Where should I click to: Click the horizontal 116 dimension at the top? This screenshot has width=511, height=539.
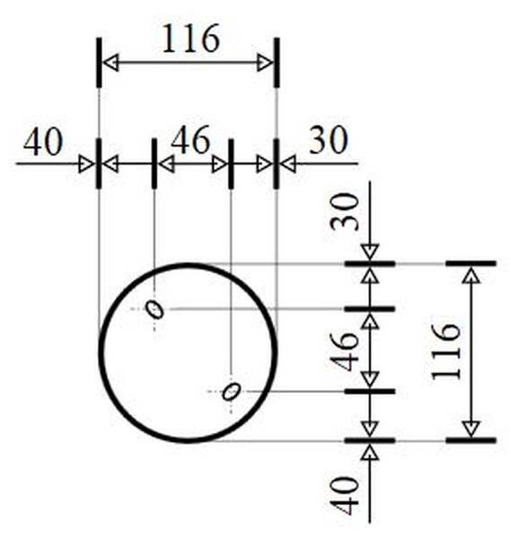coord(190,38)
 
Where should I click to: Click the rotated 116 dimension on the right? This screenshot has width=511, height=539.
coord(445,351)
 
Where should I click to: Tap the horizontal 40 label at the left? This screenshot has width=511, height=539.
coord(43,142)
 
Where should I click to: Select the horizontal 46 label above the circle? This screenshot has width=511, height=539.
coord(190,140)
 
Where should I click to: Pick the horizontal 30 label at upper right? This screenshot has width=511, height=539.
coord(329,140)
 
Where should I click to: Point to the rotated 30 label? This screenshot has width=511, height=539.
coord(344,211)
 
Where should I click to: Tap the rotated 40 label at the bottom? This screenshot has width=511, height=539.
coord(344,495)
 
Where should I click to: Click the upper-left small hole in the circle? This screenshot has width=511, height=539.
coord(155,309)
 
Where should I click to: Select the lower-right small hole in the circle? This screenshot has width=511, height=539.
coord(232,391)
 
